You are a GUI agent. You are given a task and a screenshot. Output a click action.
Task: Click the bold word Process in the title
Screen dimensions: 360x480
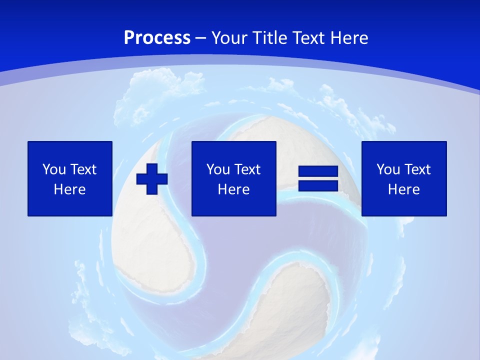(157, 38)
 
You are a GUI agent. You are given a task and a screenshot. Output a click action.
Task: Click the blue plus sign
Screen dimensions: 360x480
(152, 179)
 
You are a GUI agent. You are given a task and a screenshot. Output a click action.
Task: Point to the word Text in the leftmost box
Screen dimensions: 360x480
(83, 169)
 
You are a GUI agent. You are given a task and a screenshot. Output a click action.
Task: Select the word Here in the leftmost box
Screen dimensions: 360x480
(70, 189)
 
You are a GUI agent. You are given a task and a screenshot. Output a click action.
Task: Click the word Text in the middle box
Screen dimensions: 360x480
(247, 169)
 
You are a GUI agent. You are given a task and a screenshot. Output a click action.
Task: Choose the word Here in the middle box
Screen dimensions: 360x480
(234, 189)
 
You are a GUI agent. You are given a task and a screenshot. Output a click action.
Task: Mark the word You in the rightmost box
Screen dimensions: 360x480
(388, 169)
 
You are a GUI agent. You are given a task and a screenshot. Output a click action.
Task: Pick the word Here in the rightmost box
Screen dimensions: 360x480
(404, 189)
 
